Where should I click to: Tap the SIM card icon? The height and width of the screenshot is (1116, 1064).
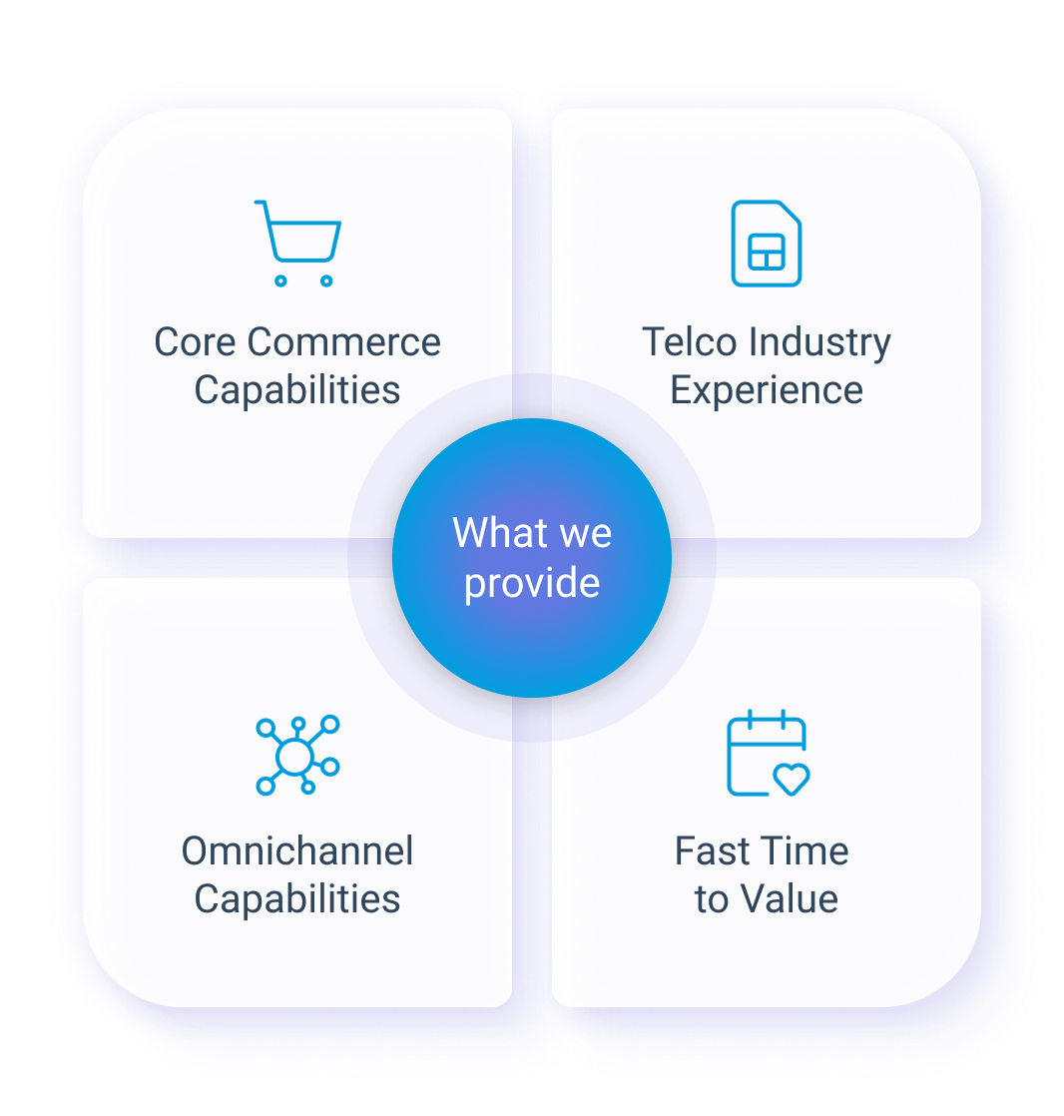point(766,244)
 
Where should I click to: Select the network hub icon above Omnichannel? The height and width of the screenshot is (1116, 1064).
point(297,755)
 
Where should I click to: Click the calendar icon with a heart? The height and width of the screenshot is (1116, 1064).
point(766,754)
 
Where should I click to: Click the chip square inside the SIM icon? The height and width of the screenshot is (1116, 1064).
point(766,257)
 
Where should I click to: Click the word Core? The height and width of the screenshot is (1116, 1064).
point(196,342)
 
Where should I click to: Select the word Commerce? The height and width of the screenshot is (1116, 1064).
point(344,342)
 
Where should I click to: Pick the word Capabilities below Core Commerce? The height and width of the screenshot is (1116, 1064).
point(297,390)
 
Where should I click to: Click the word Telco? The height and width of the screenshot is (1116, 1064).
point(687,342)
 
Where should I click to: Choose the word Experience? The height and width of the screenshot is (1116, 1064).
point(766,391)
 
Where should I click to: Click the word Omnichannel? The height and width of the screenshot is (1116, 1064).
point(297,851)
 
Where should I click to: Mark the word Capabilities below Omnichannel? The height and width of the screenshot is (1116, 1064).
point(297,899)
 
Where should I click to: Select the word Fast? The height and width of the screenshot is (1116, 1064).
point(712,851)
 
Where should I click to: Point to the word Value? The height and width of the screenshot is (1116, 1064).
point(788,899)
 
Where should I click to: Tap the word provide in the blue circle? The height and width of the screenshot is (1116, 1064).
point(532,583)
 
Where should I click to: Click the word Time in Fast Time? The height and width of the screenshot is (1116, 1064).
point(803,851)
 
